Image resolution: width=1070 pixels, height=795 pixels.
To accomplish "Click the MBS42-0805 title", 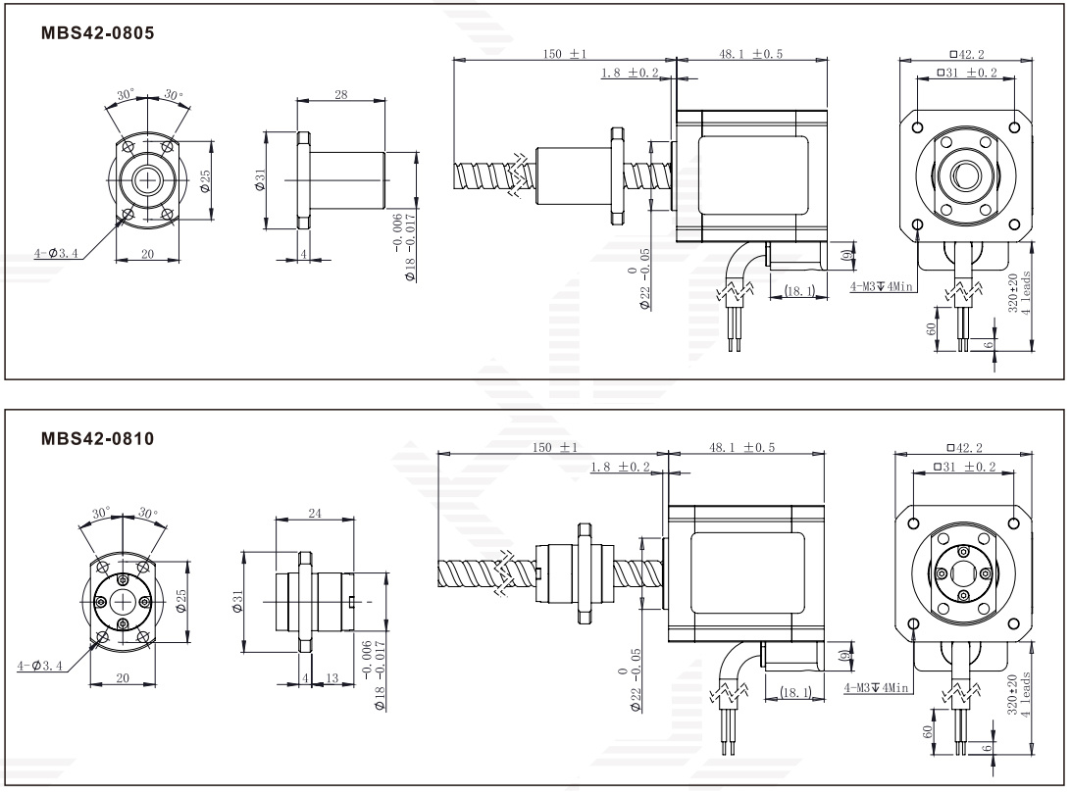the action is tap(97, 32).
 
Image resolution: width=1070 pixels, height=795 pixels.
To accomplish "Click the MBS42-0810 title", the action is tap(97, 438).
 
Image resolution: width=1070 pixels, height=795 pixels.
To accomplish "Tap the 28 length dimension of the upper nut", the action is tap(340, 95).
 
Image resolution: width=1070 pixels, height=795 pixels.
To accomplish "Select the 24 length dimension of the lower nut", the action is tap(315, 513).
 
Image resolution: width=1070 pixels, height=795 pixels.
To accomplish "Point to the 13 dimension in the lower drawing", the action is tap(331, 677).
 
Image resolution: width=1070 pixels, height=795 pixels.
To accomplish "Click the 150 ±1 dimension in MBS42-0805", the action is tap(564, 54).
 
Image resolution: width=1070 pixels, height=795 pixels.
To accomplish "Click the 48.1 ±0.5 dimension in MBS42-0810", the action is tap(741, 447).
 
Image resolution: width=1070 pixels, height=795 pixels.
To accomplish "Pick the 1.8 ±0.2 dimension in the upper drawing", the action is tap(630, 73).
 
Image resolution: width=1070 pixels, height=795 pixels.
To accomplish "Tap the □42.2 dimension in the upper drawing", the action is tap(966, 54).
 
